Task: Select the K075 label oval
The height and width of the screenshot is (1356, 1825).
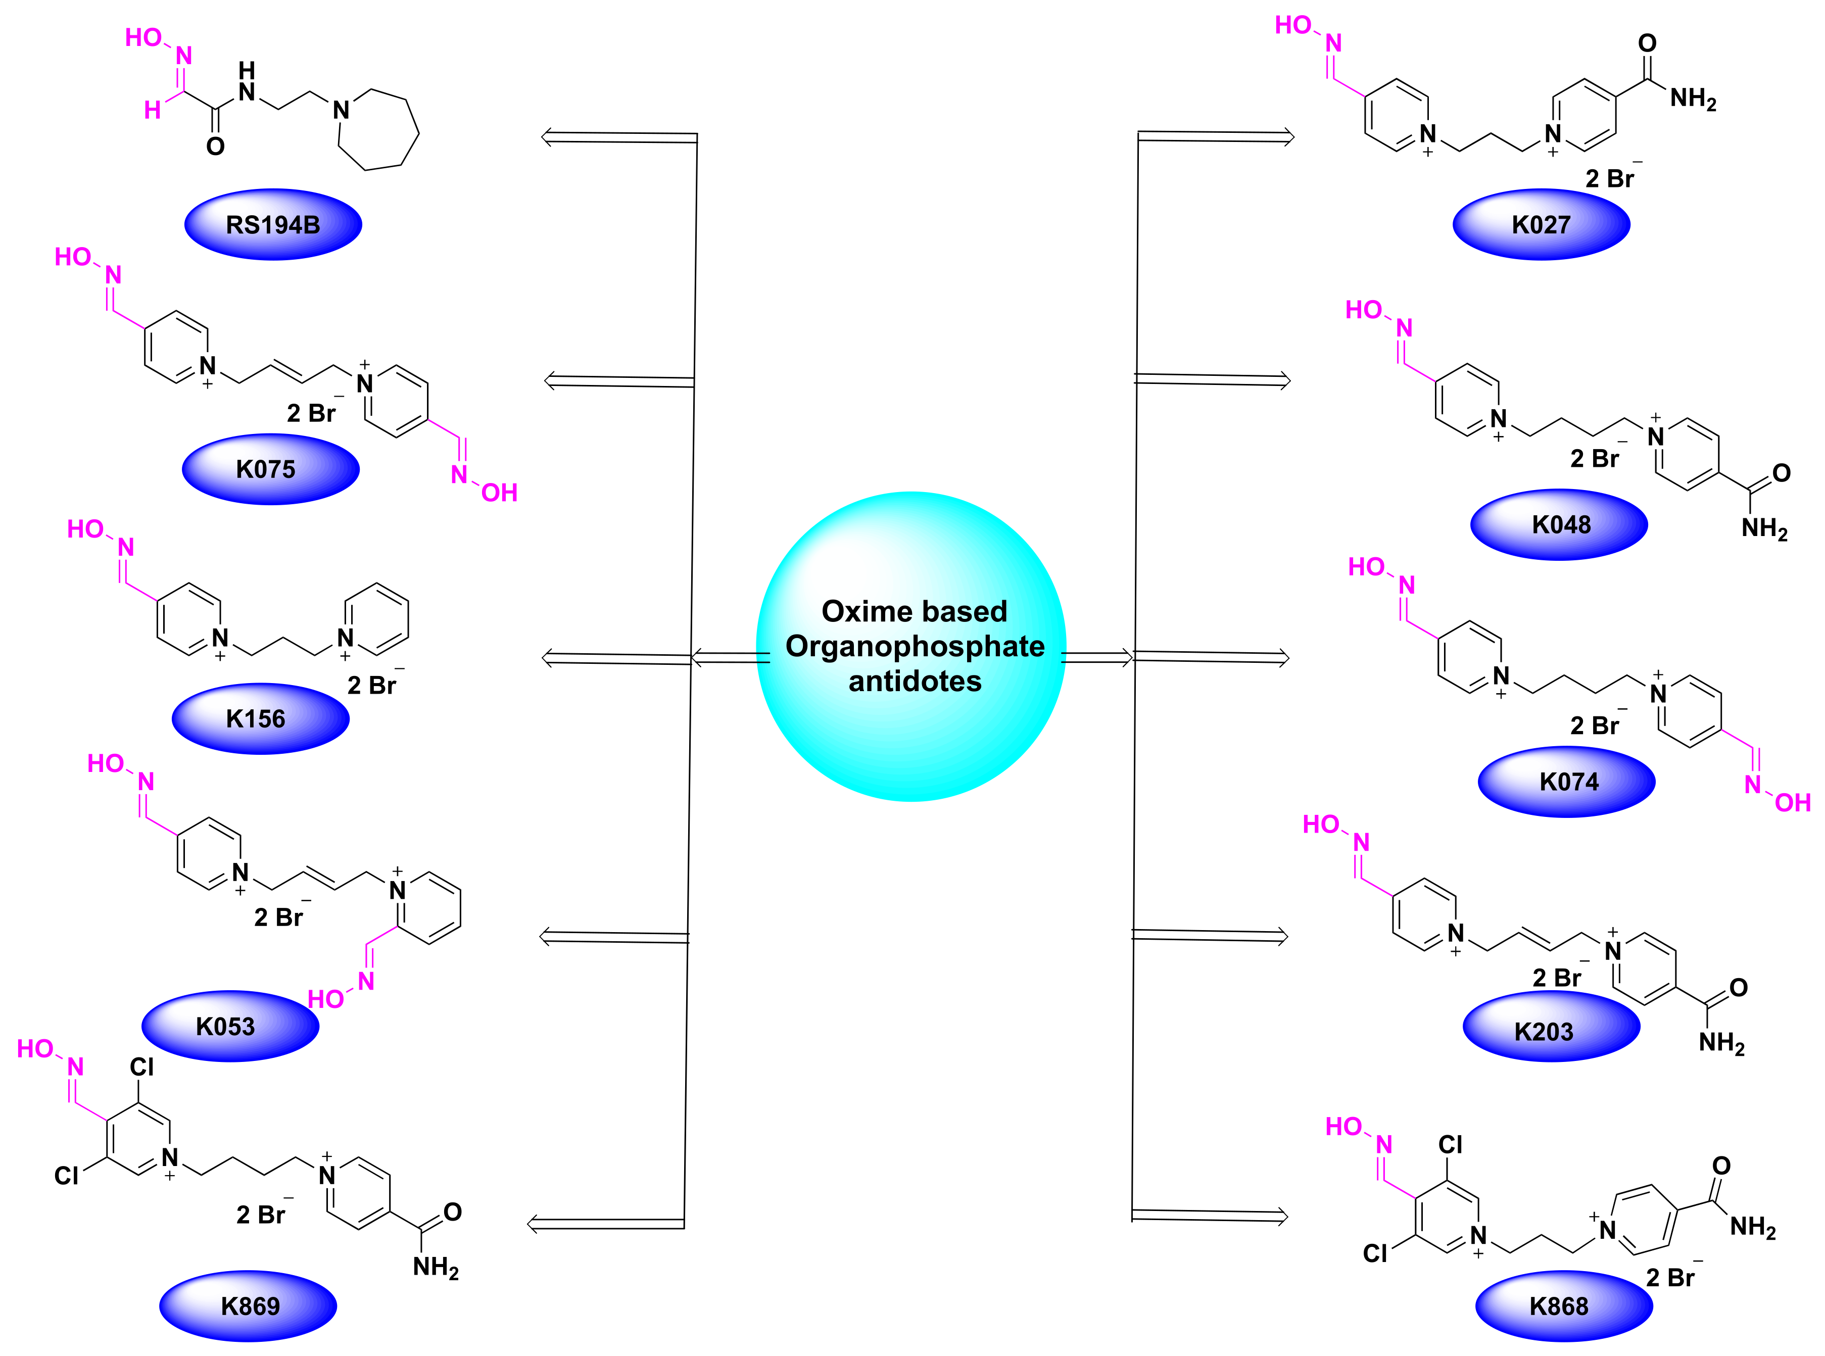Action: [270, 469]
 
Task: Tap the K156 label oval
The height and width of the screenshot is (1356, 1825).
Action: [260, 718]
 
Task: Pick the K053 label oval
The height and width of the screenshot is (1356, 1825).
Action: [230, 1026]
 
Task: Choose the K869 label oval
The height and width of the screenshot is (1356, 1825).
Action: [248, 1305]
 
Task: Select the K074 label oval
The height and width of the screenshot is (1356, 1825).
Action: [1566, 782]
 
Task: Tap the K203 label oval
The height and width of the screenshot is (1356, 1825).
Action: [1551, 1026]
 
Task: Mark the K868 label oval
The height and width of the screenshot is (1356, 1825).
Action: [1563, 1305]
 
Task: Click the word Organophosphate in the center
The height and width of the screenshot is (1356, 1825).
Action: [915, 646]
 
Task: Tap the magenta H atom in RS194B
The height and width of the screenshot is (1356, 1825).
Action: [153, 110]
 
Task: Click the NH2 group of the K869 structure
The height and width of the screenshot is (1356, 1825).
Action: [435, 1268]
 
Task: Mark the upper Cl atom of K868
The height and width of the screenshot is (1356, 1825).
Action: [1450, 1144]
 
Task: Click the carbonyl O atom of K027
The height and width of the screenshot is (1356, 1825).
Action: [1647, 42]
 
